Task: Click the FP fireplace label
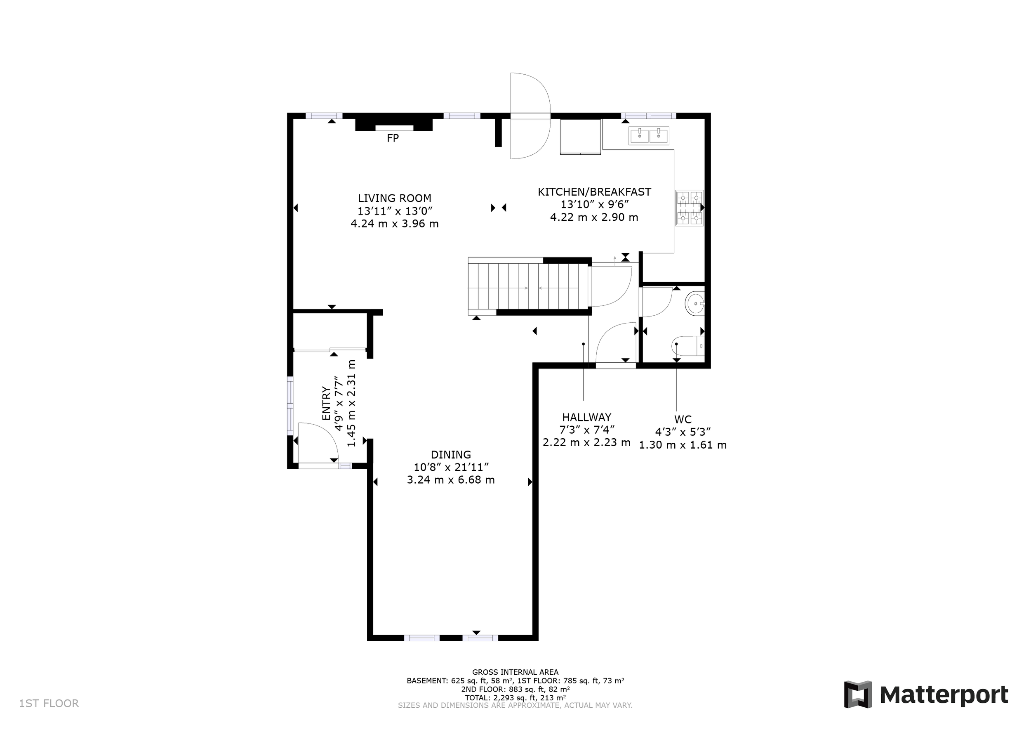[x=393, y=138]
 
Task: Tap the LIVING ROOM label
[x=394, y=198]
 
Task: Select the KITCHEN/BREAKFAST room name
[x=594, y=192]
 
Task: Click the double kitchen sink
[x=649, y=135]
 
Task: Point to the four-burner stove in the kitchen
[x=689, y=208]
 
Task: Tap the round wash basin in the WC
[x=695, y=304]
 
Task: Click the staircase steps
[x=528, y=286]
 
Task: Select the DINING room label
[x=451, y=454]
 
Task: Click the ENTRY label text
[x=326, y=403]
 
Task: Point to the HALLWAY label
[x=587, y=417]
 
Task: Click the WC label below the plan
[x=683, y=419]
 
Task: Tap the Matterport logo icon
[x=858, y=695]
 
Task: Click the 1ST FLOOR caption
[x=49, y=703]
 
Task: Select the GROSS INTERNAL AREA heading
[x=515, y=672]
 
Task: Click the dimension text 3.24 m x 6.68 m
[x=451, y=480]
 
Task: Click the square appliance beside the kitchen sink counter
[x=580, y=137]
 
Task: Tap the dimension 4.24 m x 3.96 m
[x=394, y=223]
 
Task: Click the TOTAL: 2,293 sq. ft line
[x=515, y=698]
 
